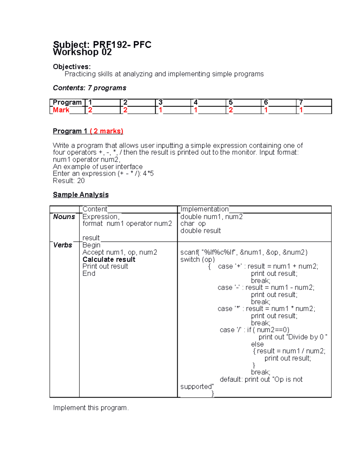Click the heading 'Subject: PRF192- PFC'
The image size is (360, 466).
102,45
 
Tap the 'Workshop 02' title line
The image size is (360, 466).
82,52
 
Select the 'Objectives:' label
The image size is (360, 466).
72,67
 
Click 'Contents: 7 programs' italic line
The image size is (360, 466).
89,88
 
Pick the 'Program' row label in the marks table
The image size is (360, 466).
67,102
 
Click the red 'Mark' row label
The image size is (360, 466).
61,110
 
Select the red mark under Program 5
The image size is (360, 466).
230,110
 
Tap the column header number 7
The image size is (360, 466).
301,102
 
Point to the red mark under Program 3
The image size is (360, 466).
160,110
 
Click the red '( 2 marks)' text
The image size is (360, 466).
106,131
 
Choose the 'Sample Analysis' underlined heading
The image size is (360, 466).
81,195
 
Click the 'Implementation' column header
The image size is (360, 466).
204,209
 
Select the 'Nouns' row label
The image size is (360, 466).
64,217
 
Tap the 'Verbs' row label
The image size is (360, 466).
63,245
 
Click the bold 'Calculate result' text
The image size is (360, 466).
109,260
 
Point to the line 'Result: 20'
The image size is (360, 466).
69,181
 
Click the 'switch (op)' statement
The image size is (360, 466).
197,260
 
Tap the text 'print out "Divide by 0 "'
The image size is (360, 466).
293,337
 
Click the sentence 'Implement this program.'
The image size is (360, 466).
91,408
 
